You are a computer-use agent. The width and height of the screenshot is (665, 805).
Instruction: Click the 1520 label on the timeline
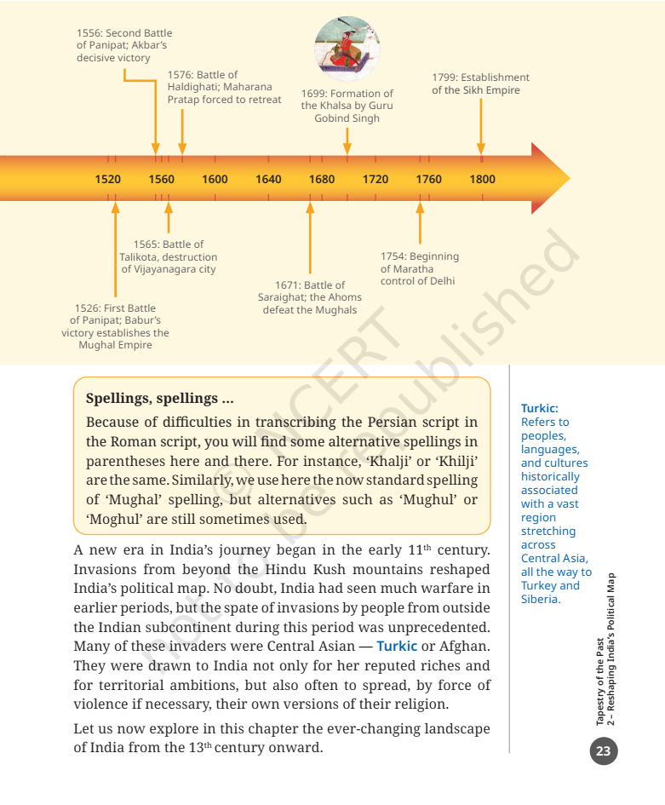[x=108, y=179]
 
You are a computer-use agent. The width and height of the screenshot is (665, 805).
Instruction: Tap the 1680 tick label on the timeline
[x=322, y=179]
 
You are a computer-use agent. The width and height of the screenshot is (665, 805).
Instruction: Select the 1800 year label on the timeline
[x=482, y=179]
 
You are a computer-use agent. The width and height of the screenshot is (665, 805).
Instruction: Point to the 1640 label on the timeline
[x=268, y=179]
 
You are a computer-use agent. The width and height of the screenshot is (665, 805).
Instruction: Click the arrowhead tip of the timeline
[x=568, y=179]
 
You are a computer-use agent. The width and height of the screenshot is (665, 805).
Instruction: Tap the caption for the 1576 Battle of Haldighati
[x=224, y=88]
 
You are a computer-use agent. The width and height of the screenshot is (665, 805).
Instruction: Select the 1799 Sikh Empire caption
[x=480, y=83]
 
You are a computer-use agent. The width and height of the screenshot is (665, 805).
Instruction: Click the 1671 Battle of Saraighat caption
[x=310, y=297]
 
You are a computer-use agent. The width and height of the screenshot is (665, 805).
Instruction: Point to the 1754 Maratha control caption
[x=420, y=268]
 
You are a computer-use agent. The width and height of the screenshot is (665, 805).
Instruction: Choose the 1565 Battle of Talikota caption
[x=169, y=256]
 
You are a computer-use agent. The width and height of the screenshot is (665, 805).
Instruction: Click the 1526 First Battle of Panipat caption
[x=115, y=326]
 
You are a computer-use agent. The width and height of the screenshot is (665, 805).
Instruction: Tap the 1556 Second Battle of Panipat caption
[x=123, y=46]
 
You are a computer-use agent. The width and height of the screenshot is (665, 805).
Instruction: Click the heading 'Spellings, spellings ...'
[x=159, y=398]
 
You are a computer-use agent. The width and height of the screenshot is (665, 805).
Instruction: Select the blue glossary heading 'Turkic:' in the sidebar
[x=539, y=408]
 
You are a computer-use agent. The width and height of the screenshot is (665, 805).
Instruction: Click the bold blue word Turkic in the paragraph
[x=397, y=646]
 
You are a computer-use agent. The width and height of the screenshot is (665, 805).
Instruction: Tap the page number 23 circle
[x=603, y=750]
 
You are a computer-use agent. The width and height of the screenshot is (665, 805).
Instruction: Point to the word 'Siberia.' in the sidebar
[x=542, y=599]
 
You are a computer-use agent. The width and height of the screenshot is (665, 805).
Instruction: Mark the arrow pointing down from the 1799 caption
[x=481, y=128]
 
